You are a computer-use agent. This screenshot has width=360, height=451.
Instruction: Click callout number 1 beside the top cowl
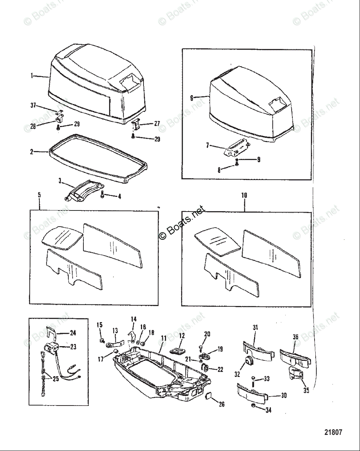click(32, 76)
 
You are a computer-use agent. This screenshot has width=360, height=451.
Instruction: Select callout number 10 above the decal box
click(245, 195)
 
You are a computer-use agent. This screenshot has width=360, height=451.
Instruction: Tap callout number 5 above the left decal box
click(39, 195)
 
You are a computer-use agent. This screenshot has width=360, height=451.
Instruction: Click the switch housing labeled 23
click(51, 347)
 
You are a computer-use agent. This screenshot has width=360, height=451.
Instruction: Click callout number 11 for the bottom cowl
click(163, 338)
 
